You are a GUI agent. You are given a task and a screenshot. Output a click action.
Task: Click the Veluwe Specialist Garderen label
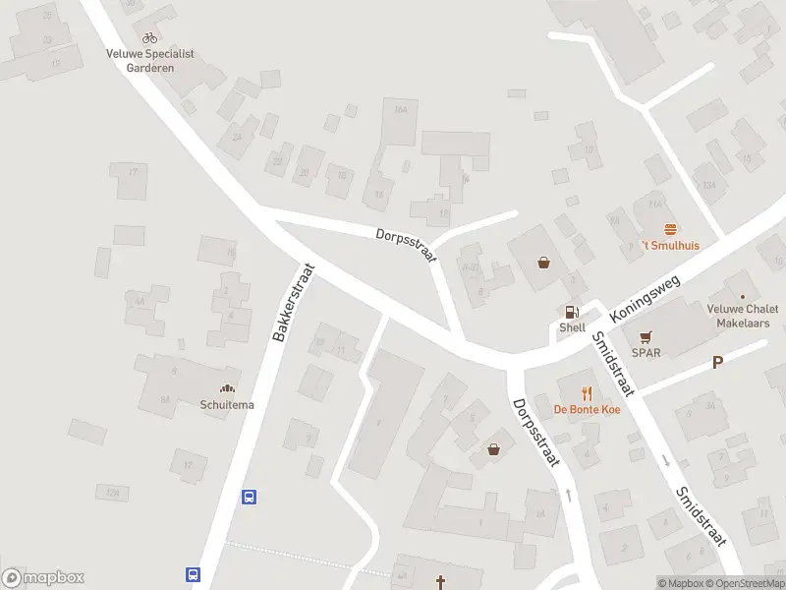[148, 61]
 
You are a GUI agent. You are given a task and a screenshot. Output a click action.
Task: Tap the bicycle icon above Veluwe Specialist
[149, 38]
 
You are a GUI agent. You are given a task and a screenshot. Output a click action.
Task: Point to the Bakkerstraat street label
[293, 302]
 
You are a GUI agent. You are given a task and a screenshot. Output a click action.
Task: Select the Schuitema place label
[227, 404]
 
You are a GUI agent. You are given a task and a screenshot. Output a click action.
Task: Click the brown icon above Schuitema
[228, 388]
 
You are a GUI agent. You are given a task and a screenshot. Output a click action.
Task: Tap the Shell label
[572, 327]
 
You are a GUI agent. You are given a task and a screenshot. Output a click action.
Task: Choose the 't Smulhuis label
[671, 245]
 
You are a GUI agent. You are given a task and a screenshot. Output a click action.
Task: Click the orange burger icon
[671, 229]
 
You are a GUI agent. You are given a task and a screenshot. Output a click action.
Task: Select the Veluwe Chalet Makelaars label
[743, 315]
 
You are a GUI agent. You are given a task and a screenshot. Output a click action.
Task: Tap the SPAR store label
[646, 352]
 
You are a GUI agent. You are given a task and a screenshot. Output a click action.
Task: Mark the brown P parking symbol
[717, 362]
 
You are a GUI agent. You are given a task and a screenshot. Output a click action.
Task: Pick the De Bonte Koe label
[587, 409]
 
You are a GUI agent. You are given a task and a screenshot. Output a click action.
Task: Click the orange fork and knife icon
[587, 392]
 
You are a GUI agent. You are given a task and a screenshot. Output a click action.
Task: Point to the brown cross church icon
[441, 582]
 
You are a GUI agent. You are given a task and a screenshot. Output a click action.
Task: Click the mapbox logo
[43, 578]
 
